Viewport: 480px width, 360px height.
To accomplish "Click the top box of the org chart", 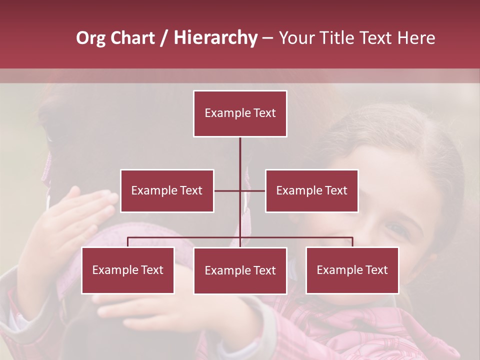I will (240, 113).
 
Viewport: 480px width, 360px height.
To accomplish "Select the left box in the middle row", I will (167, 190).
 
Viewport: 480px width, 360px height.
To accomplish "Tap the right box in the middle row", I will (311, 190).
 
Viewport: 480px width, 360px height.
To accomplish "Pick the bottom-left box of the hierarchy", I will (128, 270).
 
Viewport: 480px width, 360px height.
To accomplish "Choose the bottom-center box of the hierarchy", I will (240, 270).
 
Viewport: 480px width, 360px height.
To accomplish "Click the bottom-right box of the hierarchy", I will (352, 270).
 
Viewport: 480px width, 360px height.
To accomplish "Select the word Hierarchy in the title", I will (215, 38).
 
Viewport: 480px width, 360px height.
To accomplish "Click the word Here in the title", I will (416, 38).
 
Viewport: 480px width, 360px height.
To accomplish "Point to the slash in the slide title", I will (164, 38).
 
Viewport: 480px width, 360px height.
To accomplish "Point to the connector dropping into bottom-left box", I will (128, 242).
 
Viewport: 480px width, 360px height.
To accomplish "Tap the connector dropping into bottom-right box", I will (352, 242).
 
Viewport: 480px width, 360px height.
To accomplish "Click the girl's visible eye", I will (397, 230).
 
